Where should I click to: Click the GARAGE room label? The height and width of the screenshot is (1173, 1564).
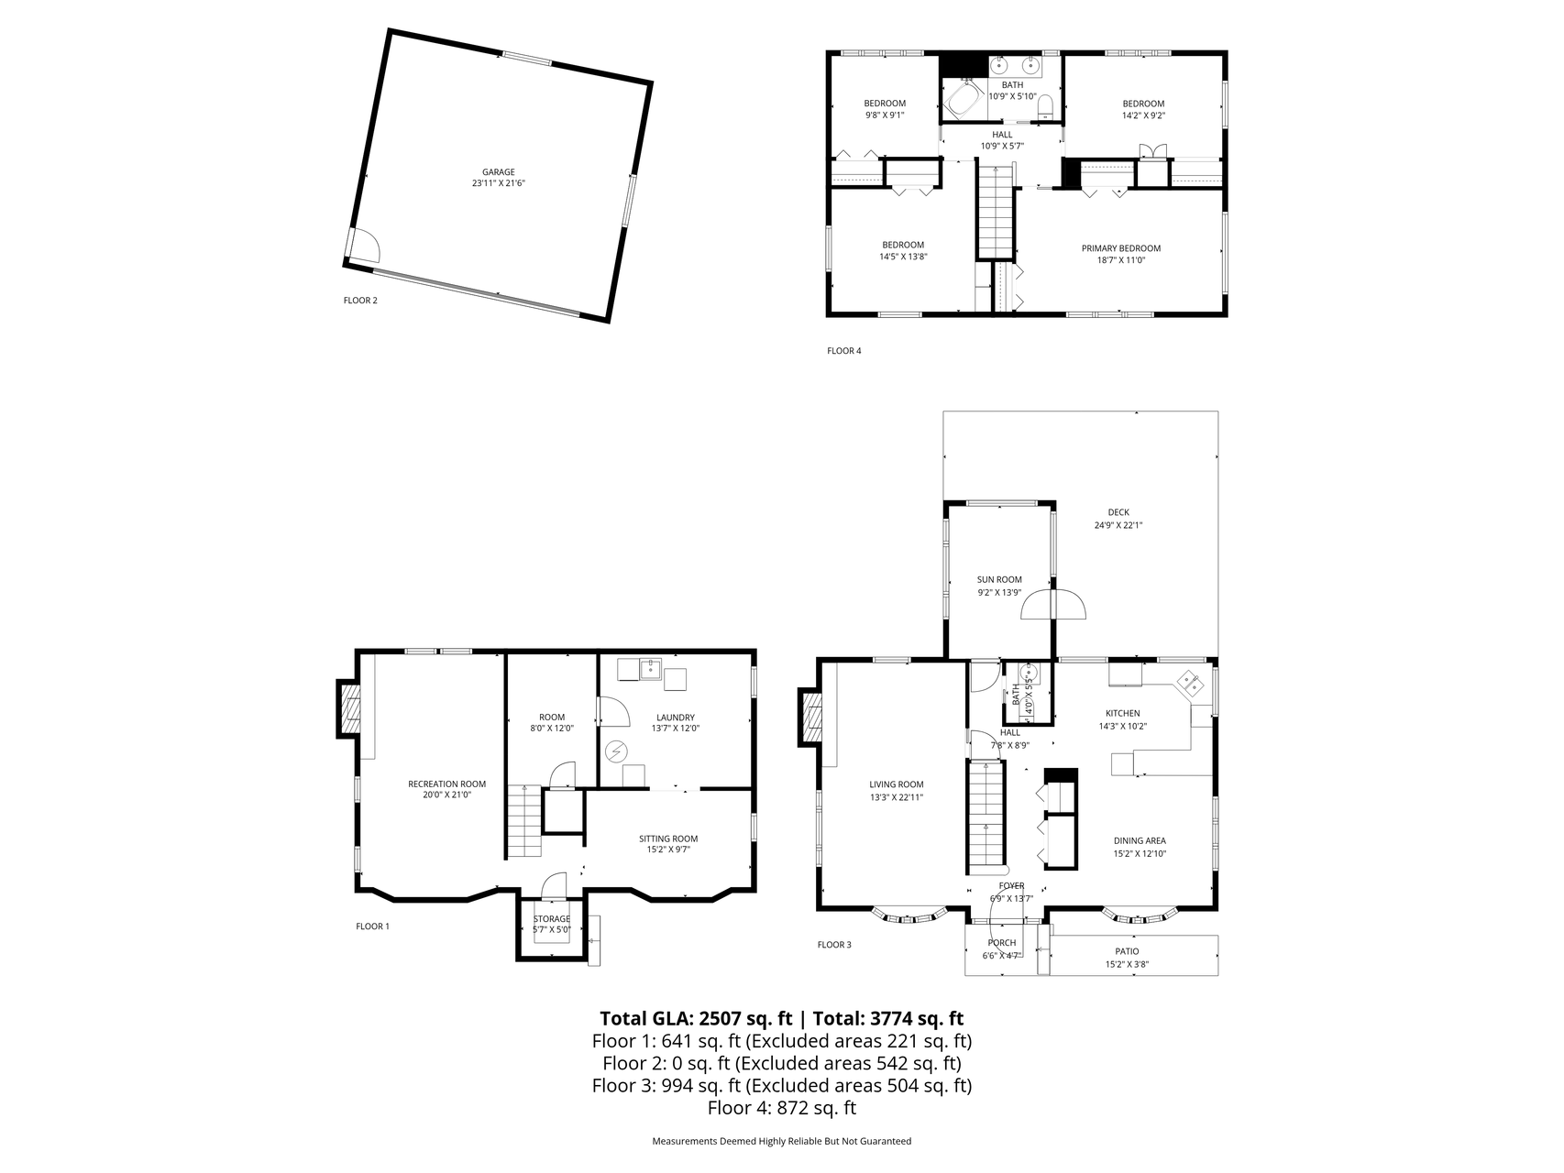click(x=499, y=172)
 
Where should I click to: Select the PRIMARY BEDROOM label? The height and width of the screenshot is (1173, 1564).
click(x=1120, y=248)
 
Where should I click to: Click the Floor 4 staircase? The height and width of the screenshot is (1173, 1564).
click(x=994, y=211)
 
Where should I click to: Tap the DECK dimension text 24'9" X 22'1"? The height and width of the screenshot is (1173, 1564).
click(x=1118, y=525)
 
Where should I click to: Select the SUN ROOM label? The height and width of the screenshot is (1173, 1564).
click(x=999, y=580)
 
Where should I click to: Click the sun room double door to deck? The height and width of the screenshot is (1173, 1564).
click(x=1053, y=605)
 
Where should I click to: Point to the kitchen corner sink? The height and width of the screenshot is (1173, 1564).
click(x=1192, y=682)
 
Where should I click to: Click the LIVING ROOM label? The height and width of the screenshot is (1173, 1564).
click(x=897, y=784)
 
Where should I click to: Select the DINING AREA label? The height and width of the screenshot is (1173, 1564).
click(x=1140, y=840)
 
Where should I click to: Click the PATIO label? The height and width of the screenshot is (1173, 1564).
click(x=1127, y=951)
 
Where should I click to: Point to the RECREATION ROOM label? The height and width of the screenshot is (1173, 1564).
click(x=446, y=784)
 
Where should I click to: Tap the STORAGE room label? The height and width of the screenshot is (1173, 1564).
click(x=552, y=919)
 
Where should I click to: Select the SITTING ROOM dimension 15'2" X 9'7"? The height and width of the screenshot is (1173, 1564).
click(x=668, y=850)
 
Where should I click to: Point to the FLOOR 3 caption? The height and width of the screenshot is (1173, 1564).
click(x=834, y=945)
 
